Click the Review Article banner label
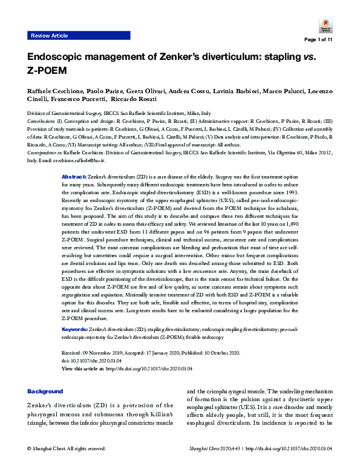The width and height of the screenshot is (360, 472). pos(49,36)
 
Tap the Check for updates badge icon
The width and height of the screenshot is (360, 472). pos(322,24)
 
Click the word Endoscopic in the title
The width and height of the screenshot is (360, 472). pos(55,58)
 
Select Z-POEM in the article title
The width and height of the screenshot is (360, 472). pos(48,70)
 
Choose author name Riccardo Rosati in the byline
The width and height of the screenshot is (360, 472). pos(134,99)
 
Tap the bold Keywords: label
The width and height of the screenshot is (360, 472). pos(75,329)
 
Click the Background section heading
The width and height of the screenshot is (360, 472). pos(45,392)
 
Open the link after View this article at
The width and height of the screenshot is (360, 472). pos(149,368)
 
